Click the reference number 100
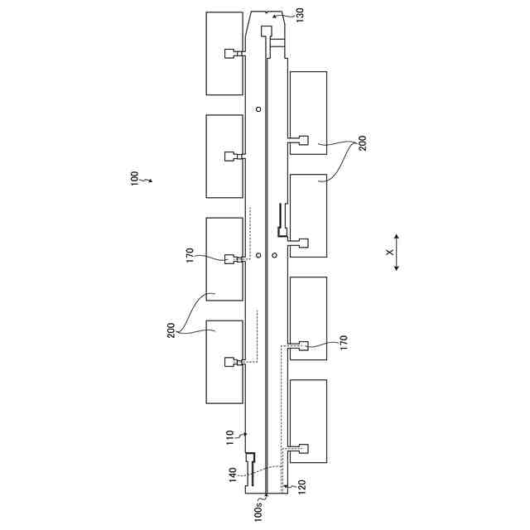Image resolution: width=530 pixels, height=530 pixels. coord(134,180)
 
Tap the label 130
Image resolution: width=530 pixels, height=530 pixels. coord(299,15)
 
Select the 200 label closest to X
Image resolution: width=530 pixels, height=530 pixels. coord(362,143)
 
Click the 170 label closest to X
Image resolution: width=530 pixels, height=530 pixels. coord(343,340)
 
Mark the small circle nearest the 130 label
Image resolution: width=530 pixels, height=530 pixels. coord(258,109)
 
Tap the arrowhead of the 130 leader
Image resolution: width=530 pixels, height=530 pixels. coord(275,15)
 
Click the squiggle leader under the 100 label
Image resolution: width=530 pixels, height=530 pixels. coord(146,179)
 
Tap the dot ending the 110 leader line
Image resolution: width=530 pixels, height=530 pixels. coord(246,434)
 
